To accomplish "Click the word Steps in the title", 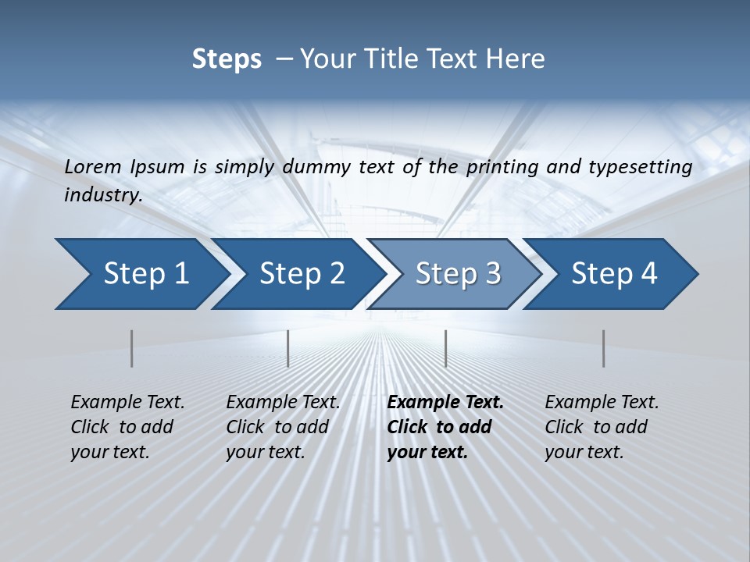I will coord(227,59).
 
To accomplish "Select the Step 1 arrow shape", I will coord(141,274).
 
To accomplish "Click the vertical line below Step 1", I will coord(131,348).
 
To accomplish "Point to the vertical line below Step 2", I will coord(288,348).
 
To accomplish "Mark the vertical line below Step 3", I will coord(445,348).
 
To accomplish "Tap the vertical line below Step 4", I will coord(603,348).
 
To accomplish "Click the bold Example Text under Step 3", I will coord(445,403).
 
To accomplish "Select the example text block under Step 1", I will coord(127,427).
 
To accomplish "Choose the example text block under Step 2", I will coord(283,427).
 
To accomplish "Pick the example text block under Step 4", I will coord(602,427).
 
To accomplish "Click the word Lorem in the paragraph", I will coord(93,167).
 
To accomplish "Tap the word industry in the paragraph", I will coord(102,195).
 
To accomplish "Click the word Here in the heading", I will coord(516,59).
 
